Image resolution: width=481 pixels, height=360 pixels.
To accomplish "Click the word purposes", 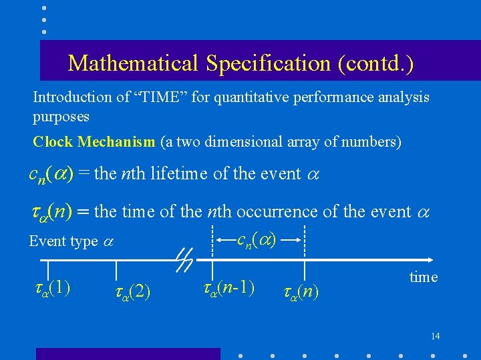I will [61, 116].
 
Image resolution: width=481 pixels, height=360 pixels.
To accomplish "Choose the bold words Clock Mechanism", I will [94, 142].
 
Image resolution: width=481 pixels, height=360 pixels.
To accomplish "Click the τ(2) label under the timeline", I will [132, 291].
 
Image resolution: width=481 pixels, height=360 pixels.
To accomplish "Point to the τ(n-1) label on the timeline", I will [227, 287].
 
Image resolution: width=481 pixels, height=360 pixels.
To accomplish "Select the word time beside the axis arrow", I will [423, 277].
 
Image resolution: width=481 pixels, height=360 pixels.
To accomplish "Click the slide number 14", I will [435, 335].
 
